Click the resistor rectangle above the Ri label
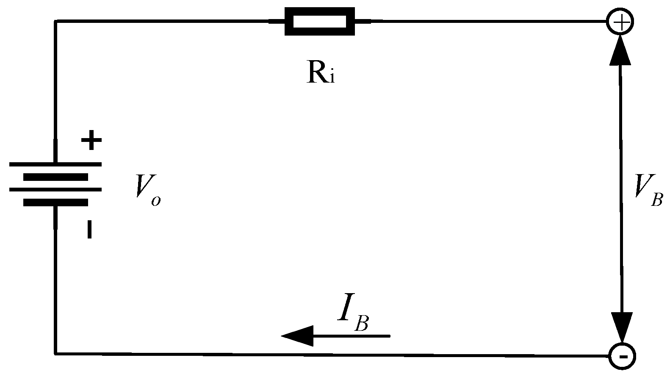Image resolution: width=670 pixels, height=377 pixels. tap(320, 21)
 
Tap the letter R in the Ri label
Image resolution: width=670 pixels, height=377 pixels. tap(315, 73)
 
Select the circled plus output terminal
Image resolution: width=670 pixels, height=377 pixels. tap(620, 21)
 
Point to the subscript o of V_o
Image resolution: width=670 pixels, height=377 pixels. tap(156, 200)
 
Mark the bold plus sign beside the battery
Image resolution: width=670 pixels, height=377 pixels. tap(91, 141)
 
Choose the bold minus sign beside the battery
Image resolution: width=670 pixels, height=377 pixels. tap(89, 229)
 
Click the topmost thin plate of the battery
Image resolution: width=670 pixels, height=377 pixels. tap(55, 164)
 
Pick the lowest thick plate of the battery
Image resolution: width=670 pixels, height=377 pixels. tap(55, 202)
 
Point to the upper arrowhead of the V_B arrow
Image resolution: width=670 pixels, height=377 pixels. tap(620, 50)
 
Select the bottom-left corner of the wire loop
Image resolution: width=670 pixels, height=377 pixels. tap(55, 353)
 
